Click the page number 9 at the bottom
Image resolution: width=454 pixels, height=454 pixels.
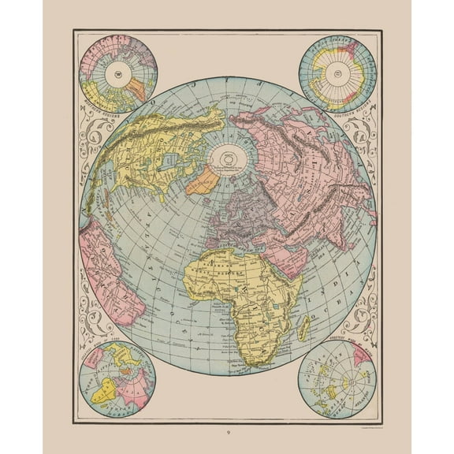228,431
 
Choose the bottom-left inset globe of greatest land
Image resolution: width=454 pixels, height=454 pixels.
119,381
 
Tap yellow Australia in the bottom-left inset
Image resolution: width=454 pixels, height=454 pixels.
106,390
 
